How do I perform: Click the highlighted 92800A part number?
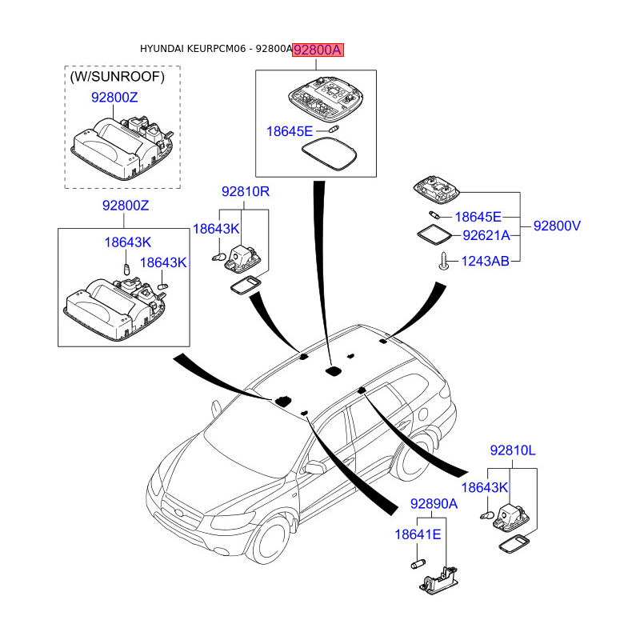pyautogui.click(x=318, y=50)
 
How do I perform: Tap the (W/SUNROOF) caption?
pyautogui.click(x=117, y=77)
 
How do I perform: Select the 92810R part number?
pyautogui.click(x=246, y=192)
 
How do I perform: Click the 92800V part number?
pyautogui.click(x=557, y=226)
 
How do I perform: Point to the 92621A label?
pyautogui.click(x=485, y=235)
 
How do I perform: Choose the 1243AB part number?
pyautogui.click(x=485, y=261)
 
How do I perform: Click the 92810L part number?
pyautogui.click(x=513, y=451)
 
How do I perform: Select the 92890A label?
pyautogui.click(x=434, y=504)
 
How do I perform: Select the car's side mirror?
pyautogui.click(x=313, y=468)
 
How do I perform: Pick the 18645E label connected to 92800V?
pyautogui.click(x=478, y=217)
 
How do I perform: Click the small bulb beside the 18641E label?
pyautogui.click(x=416, y=566)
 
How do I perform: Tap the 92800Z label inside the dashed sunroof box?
pyautogui.click(x=114, y=97)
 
